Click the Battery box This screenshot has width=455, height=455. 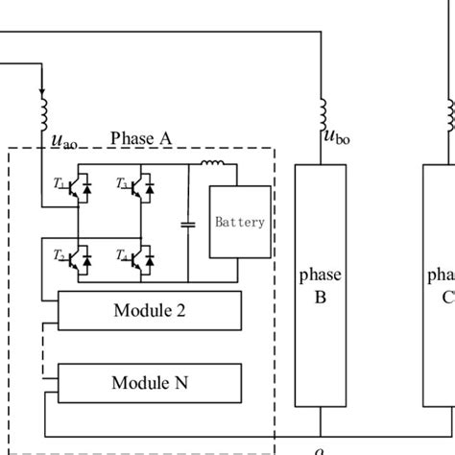pos(239,223)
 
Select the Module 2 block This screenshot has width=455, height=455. pos(150,311)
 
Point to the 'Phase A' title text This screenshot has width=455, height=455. pos(141,138)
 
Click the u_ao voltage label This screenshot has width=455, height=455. pos(63,143)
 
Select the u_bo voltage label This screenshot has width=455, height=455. pos(335,140)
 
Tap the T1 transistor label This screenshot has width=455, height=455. pos(60,183)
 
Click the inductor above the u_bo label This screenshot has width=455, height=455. pos(320,111)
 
